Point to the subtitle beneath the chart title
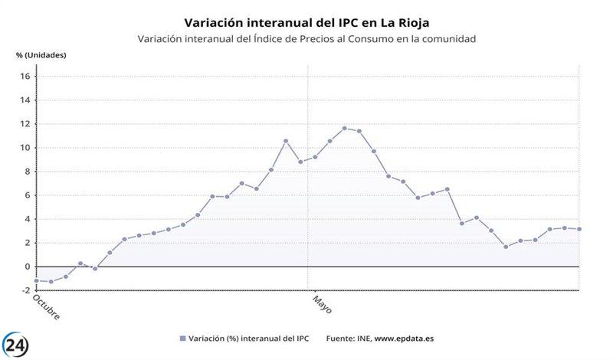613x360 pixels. (x=306, y=38)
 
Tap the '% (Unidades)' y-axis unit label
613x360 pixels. (x=41, y=55)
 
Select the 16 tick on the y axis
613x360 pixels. (x=25, y=77)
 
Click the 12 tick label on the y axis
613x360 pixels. (x=25, y=124)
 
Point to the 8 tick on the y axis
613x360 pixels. (x=26, y=172)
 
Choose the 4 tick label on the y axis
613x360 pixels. (x=26, y=219)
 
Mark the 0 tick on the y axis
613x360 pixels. (x=26, y=267)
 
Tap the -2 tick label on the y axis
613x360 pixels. (x=25, y=290)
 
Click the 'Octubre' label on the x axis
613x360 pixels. (x=46, y=306)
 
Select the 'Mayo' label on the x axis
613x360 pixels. (x=322, y=303)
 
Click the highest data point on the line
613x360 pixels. (x=344, y=128)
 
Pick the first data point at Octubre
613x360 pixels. (x=36, y=280)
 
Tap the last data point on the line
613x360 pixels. (x=579, y=229)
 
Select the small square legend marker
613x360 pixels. (x=182, y=338)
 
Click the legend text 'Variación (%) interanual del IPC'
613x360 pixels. (x=244, y=338)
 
